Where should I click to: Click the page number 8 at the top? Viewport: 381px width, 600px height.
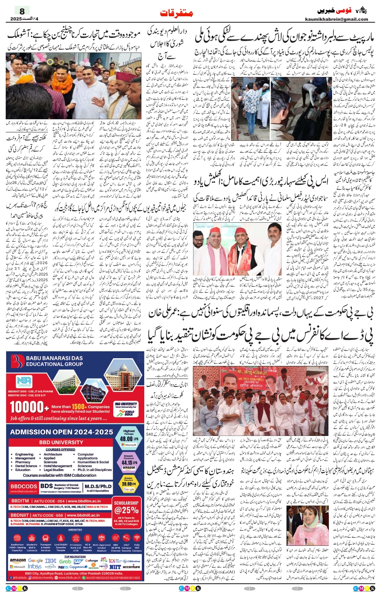[22, 11]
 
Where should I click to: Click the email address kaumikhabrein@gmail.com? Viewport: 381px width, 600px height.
[336, 19]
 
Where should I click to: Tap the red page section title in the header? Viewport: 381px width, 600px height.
[176, 13]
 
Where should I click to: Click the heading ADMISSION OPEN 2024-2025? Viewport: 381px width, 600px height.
[62, 432]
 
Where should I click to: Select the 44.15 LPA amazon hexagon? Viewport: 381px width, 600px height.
[128, 462]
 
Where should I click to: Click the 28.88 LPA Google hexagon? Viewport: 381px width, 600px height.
[128, 484]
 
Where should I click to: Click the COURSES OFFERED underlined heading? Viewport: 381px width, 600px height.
[60, 449]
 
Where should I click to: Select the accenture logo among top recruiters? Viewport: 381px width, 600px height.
[131, 567]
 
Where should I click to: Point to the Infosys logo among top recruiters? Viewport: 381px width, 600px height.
[35, 567]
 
